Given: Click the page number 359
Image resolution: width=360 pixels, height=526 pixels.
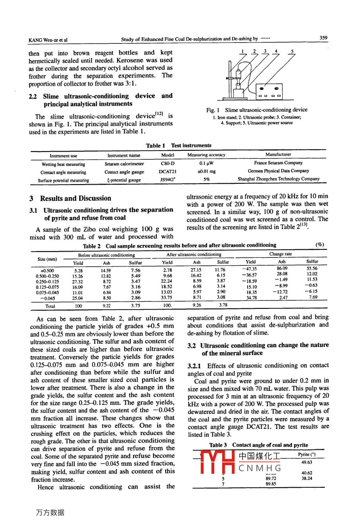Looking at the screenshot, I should tap(323, 38).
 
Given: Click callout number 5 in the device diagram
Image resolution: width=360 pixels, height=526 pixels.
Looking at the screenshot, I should tap(292, 51).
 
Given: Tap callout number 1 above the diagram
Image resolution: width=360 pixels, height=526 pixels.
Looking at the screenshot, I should tap(242, 51).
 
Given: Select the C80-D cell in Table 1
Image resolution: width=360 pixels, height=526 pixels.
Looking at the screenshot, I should tap(168, 163).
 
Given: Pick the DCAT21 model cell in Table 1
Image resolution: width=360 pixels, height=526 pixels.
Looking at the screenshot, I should tap(168, 172).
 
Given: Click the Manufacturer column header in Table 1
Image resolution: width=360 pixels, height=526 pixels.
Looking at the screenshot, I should tap(278, 154).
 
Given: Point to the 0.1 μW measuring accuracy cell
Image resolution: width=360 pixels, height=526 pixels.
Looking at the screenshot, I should tap(206, 163).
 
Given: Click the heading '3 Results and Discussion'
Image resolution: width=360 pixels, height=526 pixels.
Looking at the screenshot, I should tap(70, 198).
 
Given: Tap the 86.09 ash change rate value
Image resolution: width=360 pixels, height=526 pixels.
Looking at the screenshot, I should tap(282, 268).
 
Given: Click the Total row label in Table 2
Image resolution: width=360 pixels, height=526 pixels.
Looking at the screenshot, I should tap(50, 306).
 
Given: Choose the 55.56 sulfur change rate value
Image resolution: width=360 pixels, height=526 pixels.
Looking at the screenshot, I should tap(312, 269).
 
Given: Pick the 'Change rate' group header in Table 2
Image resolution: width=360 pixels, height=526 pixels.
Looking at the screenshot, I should tap(280, 254).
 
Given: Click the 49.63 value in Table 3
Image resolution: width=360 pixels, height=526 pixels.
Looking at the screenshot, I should tap(307, 463).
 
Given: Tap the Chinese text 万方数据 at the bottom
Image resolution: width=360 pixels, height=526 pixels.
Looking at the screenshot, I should tap(50, 512).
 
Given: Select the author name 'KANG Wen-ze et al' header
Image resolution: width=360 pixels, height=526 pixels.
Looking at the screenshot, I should tap(48, 40).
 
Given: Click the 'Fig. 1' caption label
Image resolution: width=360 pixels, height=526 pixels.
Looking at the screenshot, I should tap(211, 110).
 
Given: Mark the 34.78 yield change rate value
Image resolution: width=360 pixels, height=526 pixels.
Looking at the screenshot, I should tap(251, 298).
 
